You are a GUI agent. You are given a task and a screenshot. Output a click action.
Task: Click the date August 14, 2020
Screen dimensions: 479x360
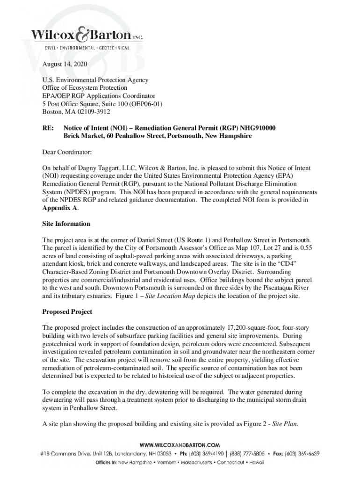(x=65, y=64)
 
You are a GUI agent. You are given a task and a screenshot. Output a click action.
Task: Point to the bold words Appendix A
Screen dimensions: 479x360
(x=60, y=208)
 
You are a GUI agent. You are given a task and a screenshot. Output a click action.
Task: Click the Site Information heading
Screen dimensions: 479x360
(x=66, y=224)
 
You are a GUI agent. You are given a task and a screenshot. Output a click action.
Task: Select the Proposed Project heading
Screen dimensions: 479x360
(x=67, y=312)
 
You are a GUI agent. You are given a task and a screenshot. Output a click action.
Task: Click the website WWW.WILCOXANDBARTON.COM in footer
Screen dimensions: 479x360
(x=180, y=445)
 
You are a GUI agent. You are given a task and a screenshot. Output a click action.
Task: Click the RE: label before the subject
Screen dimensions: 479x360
(x=47, y=128)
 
